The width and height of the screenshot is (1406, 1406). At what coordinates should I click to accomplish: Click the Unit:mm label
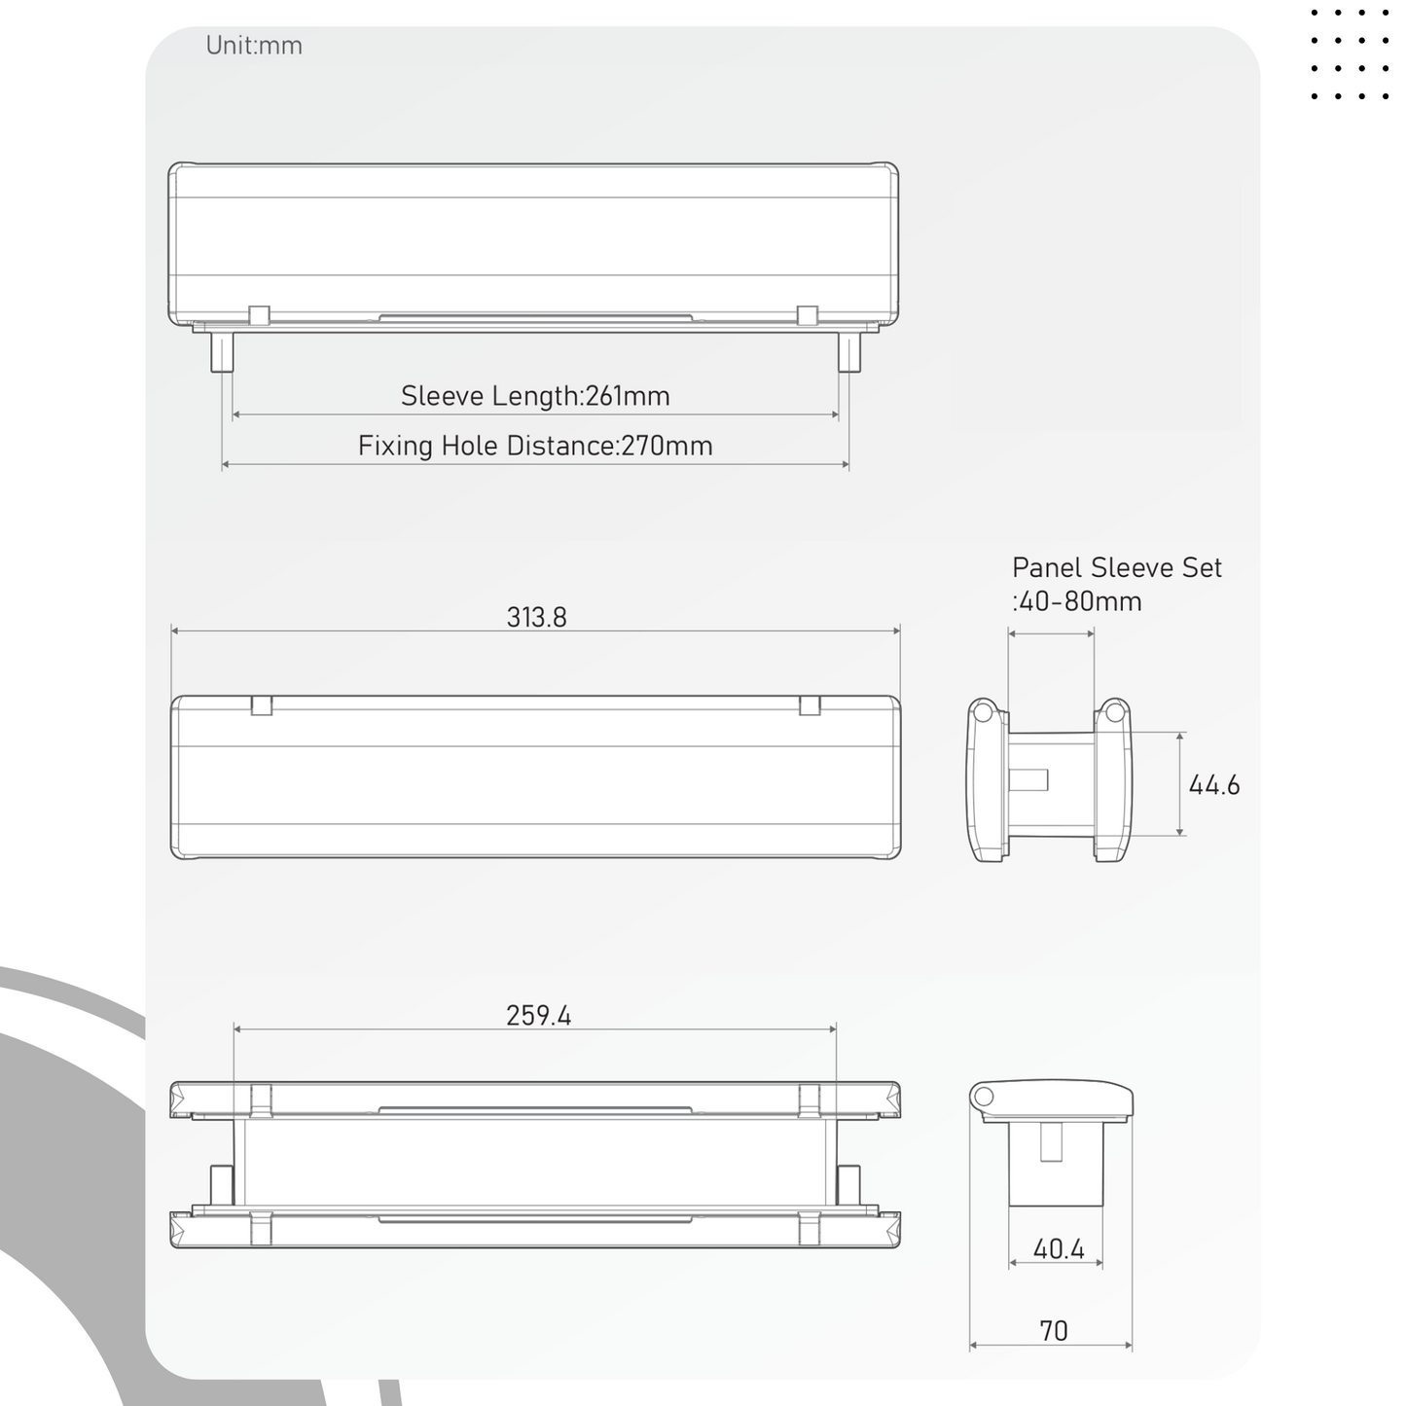(254, 45)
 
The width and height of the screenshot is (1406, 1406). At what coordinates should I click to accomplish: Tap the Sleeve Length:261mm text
(535, 395)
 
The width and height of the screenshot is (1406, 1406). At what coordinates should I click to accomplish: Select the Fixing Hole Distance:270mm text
(535, 446)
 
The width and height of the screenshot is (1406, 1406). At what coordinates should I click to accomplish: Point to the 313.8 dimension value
(536, 617)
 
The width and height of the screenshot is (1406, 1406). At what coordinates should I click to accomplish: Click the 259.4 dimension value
(538, 1015)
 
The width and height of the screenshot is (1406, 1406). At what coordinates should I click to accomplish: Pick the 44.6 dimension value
(1214, 785)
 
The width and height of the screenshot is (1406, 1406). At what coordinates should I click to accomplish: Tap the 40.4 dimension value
(1059, 1249)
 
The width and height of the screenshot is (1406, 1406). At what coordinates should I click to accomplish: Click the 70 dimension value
(1054, 1331)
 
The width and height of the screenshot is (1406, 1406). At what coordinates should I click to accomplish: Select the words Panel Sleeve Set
(1116, 567)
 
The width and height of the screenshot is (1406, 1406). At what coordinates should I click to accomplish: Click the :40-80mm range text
(1077, 601)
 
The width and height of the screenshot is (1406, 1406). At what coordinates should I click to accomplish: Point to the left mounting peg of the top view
(222, 352)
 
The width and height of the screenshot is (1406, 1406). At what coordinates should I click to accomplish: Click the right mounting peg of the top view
(849, 352)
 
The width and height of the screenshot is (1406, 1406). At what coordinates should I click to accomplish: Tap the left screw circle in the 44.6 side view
(983, 711)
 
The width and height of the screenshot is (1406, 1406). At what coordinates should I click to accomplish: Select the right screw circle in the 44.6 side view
(1114, 711)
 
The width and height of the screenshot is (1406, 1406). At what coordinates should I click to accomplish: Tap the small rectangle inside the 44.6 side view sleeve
(1028, 780)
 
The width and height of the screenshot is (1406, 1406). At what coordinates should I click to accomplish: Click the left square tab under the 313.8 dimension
(261, 705)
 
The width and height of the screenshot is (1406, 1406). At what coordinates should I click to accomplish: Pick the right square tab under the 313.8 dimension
(810, 705)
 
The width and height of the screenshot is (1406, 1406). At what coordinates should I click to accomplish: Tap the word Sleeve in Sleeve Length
(442, 395)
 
